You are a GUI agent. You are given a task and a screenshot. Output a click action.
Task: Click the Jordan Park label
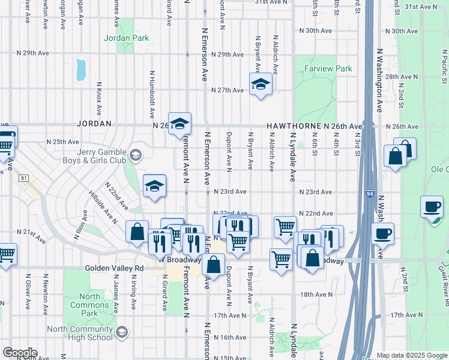pyautogui.click(x=126, y=38)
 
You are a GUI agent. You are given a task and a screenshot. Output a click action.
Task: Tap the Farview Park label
pyautogui.click(x=328, y=69)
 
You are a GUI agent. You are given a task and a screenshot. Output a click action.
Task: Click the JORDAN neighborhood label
pyautogui.click(x=94, y=123)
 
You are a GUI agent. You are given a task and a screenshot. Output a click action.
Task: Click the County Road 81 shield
pyautogui.click(x=23, y=178)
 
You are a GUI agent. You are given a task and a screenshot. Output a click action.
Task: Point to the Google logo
pyautogui.click(x=20, y=353)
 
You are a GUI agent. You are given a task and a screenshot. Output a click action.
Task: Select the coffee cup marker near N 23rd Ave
pyautogui.click(x=432, y=206)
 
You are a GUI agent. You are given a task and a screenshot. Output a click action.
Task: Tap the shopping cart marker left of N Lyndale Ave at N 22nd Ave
pyautogui.click(x=285, y=227)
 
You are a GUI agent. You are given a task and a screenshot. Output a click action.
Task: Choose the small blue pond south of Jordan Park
pyautogui.click(x=81, y=70)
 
